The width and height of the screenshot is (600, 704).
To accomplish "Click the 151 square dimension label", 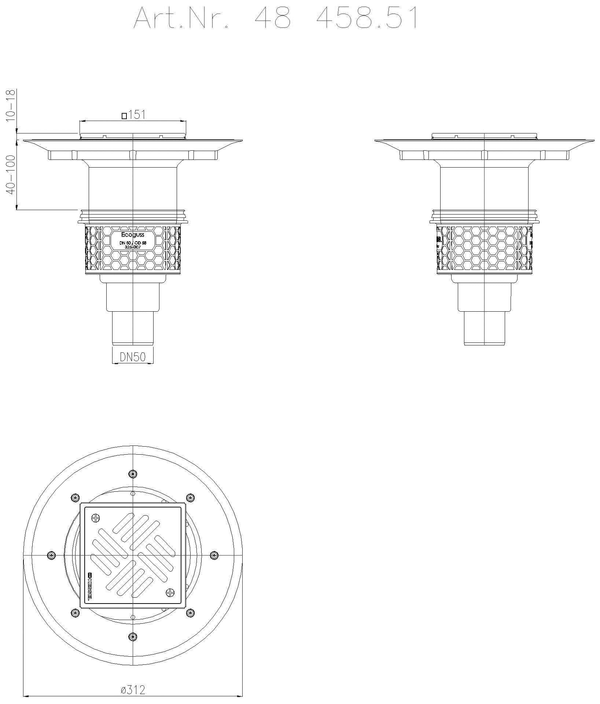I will (137, 115).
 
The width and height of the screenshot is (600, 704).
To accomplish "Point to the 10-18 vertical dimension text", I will (11, 105).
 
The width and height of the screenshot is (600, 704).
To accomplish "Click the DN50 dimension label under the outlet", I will (132, 357).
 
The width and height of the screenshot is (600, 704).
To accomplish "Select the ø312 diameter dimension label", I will (133, 690).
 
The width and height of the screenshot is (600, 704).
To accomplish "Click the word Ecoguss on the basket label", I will (133, 235).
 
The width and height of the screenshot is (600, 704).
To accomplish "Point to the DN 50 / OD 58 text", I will (133, 242).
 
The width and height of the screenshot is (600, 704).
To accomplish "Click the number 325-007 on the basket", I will (133, 247).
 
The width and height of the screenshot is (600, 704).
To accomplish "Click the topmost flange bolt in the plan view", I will (133, 474).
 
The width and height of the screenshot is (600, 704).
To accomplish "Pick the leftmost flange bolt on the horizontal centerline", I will (51, 555).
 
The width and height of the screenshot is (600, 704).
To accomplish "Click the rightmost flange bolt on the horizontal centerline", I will (214, 555).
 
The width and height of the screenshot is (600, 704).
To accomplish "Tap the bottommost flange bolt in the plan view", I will (133, 637).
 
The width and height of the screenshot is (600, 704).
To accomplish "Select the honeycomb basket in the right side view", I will (485, 249).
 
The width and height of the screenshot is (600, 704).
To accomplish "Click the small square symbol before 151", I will (125, 116).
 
